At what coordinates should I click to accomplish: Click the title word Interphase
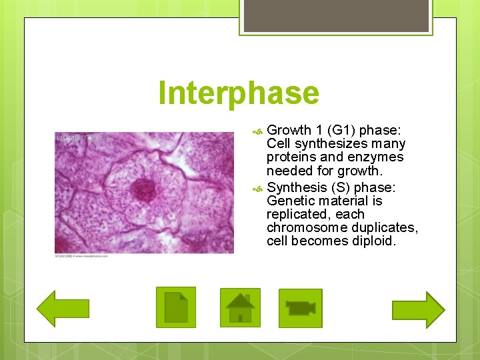click(239, 94)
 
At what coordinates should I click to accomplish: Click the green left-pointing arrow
click(63, 308)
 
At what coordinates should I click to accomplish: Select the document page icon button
click(176, 307)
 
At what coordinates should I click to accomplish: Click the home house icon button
click(240, 307)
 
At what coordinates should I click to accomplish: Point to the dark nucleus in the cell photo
click(143, 190)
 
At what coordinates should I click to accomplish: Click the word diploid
click(374, 241)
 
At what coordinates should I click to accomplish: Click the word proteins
click(291, 157)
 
